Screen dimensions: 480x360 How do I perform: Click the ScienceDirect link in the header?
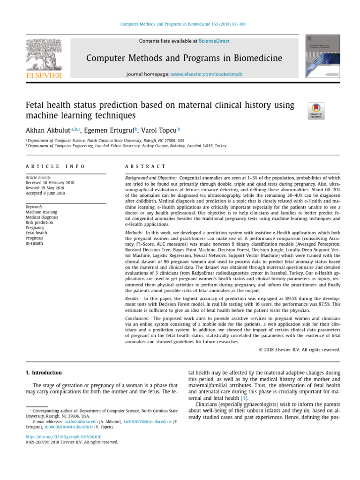click(214, 41)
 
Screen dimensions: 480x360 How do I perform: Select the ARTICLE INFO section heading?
click(55, 166)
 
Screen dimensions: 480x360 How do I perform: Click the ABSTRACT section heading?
click(145, 166)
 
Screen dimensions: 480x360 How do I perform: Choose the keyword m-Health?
click(35, 243)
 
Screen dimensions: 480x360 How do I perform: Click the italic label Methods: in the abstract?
click(135, 232)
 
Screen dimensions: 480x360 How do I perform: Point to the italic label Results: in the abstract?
click(134, 298)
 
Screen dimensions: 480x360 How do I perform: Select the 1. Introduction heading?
click(44, 373)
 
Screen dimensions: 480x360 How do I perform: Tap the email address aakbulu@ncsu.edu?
click(77, 421)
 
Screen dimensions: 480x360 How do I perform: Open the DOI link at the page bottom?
click(64, 436)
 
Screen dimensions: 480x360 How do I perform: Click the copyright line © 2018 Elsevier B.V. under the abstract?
click(299, 349)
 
